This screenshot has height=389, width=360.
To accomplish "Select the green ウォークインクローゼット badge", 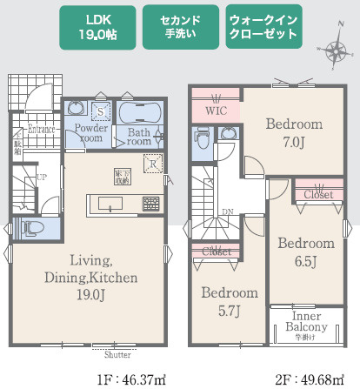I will click(x=262, y=29).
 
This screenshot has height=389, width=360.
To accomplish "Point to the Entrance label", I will click(x=41, y=130).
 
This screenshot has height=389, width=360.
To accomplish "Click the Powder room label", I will click(x=91, y=132).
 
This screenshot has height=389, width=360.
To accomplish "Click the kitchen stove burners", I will click(x=151, y=204).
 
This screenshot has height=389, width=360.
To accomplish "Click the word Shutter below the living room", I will click(x=117, y=355).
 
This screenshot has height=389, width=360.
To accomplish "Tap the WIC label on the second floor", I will click(x=216, y=111).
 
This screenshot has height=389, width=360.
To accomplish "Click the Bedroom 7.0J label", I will click(x=292, y=132).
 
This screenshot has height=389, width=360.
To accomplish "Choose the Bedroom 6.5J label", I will click(x=305, y=252).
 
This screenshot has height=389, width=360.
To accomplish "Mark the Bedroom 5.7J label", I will click(x=230, y=300).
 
